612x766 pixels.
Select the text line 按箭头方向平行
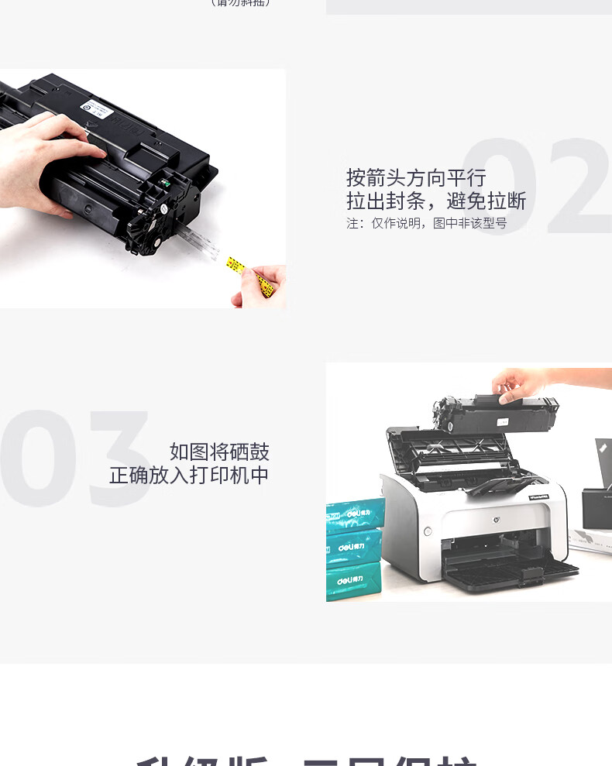click(x=416, y=177)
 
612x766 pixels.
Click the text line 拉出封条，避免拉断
click(x=436, y=202)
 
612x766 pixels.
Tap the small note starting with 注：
click(x=426, y=224)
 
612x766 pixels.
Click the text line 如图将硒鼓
click(x=219, y=452)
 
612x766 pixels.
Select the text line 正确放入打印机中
click(x=189, y=476)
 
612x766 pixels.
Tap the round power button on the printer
click(x=427, y=531)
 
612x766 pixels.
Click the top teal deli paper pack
click(x=356, y=514)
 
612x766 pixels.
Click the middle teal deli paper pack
click(x=356, y=548)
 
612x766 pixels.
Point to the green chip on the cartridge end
click(x=164, y=184)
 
